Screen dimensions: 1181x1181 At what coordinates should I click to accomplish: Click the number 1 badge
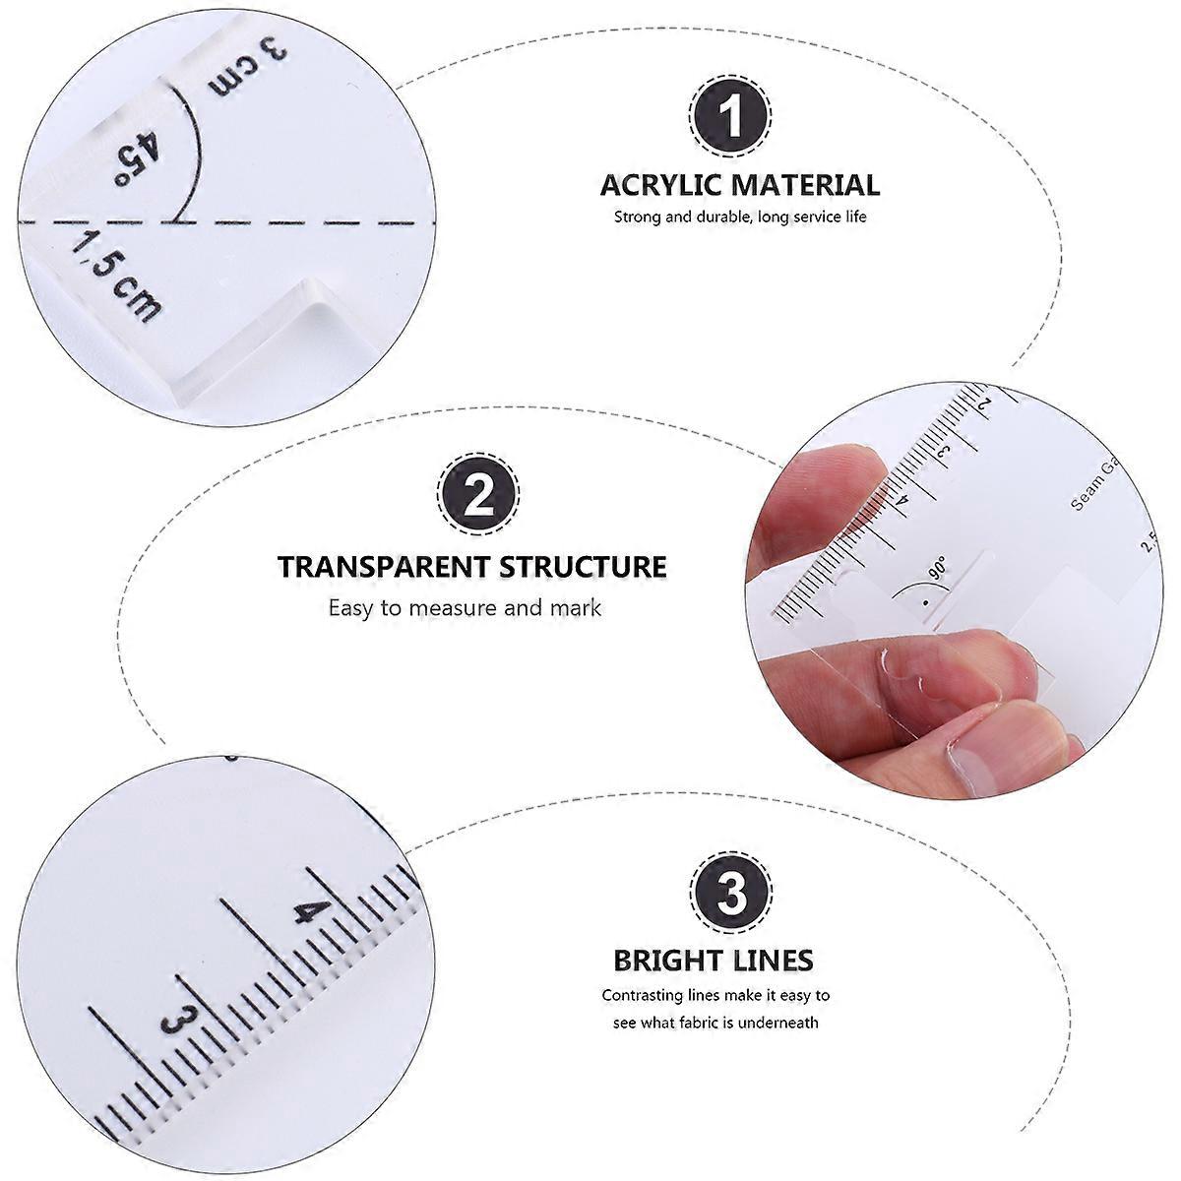tap(730, 114)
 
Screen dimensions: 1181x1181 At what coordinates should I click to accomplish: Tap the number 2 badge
tap(478, 493)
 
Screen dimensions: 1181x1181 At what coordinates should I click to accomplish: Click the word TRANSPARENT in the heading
tap(384, 566)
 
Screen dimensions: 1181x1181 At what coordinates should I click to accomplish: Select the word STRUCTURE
tap(583, 566)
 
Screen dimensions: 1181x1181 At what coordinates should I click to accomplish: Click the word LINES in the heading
tap(772, 961)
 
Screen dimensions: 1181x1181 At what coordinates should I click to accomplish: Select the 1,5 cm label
tap(116, 277)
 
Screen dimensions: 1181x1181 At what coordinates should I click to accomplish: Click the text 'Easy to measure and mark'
tap(465, 608)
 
